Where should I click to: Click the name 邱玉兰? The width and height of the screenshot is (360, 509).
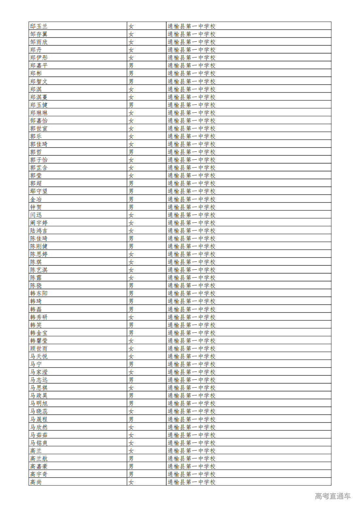(39, 26)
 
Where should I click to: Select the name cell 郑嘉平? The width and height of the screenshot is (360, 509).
(39, 65)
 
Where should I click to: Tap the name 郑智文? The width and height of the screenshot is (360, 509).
(39, 81)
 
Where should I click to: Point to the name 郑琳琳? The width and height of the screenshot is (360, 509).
(39, 113)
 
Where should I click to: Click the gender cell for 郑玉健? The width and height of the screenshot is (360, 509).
(131, 105)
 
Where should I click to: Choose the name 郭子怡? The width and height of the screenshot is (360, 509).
(39, 160)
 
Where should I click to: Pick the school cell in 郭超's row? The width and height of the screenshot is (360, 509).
(191, 183)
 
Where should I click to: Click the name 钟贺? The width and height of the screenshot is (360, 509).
(36, 207)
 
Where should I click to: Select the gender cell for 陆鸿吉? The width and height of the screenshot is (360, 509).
(131, 231)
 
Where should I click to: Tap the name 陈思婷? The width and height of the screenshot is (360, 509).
(39, 254)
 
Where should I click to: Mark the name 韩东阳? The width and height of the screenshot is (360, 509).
(39, 293)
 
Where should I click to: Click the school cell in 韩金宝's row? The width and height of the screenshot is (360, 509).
(191, 333)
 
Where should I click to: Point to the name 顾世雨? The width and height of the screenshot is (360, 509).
(39, 348)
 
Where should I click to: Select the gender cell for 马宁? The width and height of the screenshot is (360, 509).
(131, 364)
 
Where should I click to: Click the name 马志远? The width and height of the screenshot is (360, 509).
(39, 380)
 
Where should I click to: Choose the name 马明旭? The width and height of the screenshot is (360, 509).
(39, 403)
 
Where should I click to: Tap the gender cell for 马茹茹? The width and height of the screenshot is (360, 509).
(131, 435)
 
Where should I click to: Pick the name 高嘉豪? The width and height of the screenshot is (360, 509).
(39, 466)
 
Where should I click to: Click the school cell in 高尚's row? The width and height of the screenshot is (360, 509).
(191, 482)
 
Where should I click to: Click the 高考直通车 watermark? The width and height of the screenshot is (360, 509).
(333, 496)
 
